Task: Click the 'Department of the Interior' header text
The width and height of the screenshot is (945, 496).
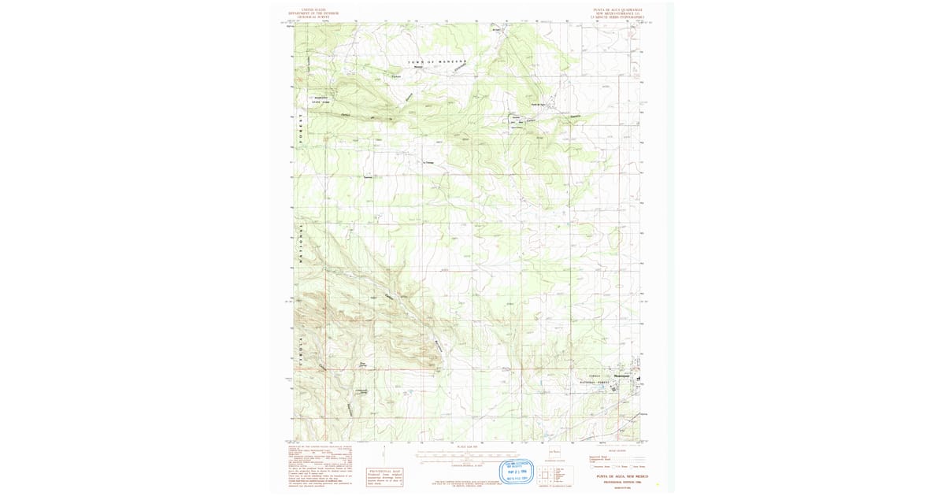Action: click(x=313, y=13)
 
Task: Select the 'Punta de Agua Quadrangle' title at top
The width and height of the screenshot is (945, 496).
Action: click(x=617, y=9)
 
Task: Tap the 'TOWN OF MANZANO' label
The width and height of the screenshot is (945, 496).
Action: click(x=437, y=61)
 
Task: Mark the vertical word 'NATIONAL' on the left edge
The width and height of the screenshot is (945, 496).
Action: click(x=300, y=244)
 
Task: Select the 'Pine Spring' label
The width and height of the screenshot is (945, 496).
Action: click(x=363, y=364)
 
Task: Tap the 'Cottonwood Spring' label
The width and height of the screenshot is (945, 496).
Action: click(x=361, y=391)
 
